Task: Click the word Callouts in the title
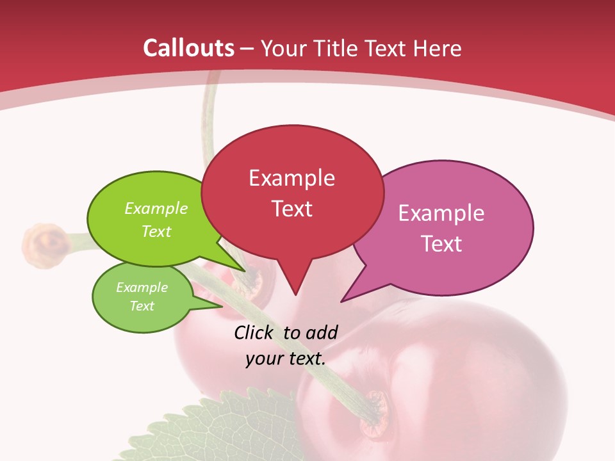click(x=188, y=48)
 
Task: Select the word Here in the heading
click(x=438, y=49)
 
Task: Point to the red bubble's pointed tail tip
click(x=295, y=295)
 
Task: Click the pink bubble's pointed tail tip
click(x=341, y=301)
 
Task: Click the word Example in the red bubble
click(x=291, y=178)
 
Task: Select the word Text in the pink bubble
click(x=441, y=244)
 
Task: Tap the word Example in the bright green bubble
click(x=156, y=208)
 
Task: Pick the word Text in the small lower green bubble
click(x=142, y=306)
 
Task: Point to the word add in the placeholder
click(x=322, y=332)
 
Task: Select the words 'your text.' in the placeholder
click(x=285, y=359)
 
